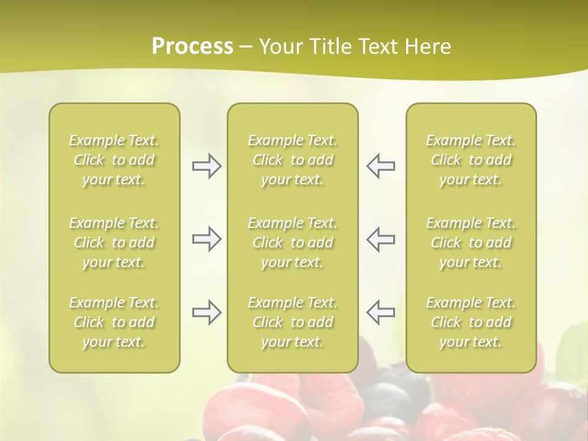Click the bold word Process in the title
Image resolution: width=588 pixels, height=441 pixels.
192,47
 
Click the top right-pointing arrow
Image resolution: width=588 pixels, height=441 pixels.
206,166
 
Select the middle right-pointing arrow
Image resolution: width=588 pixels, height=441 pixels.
206,239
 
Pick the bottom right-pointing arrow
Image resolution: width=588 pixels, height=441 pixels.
206,312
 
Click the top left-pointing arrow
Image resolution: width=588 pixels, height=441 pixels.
380,166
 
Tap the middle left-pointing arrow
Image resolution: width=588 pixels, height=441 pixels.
380,239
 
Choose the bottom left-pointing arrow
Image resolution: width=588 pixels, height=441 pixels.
380,312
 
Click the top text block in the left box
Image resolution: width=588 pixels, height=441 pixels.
114,160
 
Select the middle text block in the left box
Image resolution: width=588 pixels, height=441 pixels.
114,243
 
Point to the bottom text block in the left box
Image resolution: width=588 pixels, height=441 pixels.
114,322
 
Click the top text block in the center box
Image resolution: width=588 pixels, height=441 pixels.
292,160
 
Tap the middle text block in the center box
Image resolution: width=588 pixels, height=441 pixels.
292,243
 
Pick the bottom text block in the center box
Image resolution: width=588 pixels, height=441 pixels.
292,322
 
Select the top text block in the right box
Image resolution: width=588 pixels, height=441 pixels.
470,160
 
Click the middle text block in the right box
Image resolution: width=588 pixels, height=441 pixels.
470,243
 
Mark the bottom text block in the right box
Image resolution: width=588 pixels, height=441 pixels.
470,322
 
